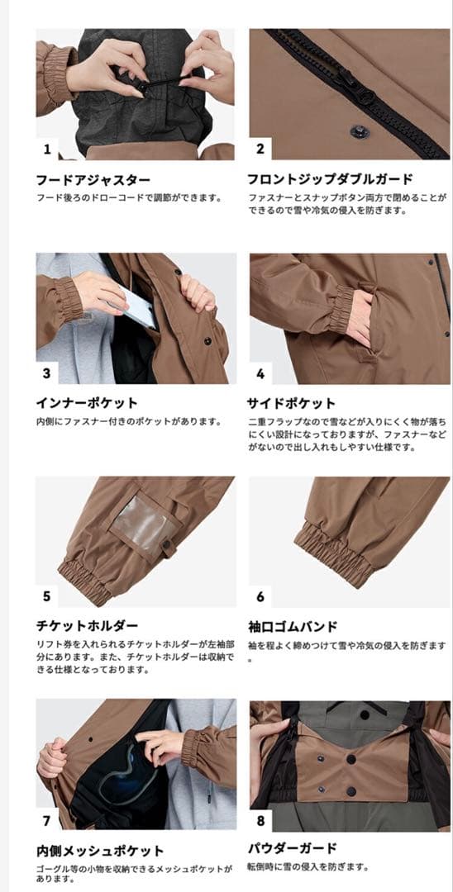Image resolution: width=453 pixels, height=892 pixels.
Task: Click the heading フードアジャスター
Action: coord(93,178)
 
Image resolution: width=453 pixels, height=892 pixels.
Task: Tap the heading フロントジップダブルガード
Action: coord(330,178)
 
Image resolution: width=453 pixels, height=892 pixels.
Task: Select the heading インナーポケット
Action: coord(86,403)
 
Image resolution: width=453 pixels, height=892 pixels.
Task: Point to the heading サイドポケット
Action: coord(292,403)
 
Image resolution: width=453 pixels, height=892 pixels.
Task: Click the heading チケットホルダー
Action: coord(86,626)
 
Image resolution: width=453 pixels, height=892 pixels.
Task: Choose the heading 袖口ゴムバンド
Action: coord(292,626)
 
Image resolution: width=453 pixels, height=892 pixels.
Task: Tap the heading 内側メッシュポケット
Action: coord(99,850)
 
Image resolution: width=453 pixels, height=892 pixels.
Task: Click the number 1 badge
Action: coord(47,149)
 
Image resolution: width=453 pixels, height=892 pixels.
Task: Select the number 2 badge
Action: coord(260,149)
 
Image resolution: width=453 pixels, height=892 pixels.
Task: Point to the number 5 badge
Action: coord(47,596)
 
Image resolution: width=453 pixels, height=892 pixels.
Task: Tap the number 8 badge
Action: coord(260,820)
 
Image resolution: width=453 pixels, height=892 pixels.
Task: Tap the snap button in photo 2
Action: coord(359,130)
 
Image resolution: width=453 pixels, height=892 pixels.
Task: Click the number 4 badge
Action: coord(260,373)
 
